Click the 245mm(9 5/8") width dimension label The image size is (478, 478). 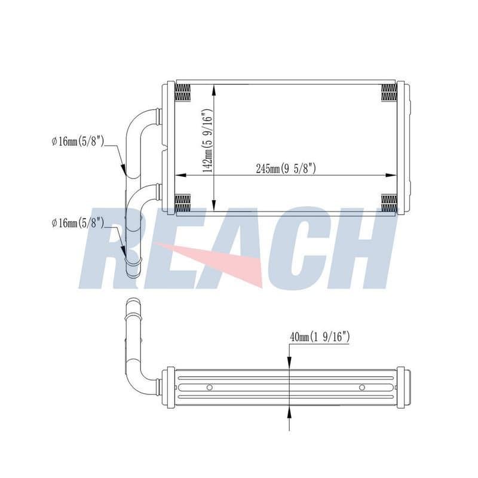[x=286, y=168]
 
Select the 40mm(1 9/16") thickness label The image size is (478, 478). [x=320, y=337]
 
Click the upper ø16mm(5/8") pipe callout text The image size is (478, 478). [x=78, y=141]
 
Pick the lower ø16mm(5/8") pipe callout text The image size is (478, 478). [x=78, y=223]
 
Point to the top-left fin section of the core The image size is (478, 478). [x=183, y=93]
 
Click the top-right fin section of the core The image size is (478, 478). [x=390, y=93]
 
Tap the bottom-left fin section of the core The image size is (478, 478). [x=183, y=203]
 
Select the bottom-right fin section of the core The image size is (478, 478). [x=390, y=203]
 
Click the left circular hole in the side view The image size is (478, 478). [x=210, y=387]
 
